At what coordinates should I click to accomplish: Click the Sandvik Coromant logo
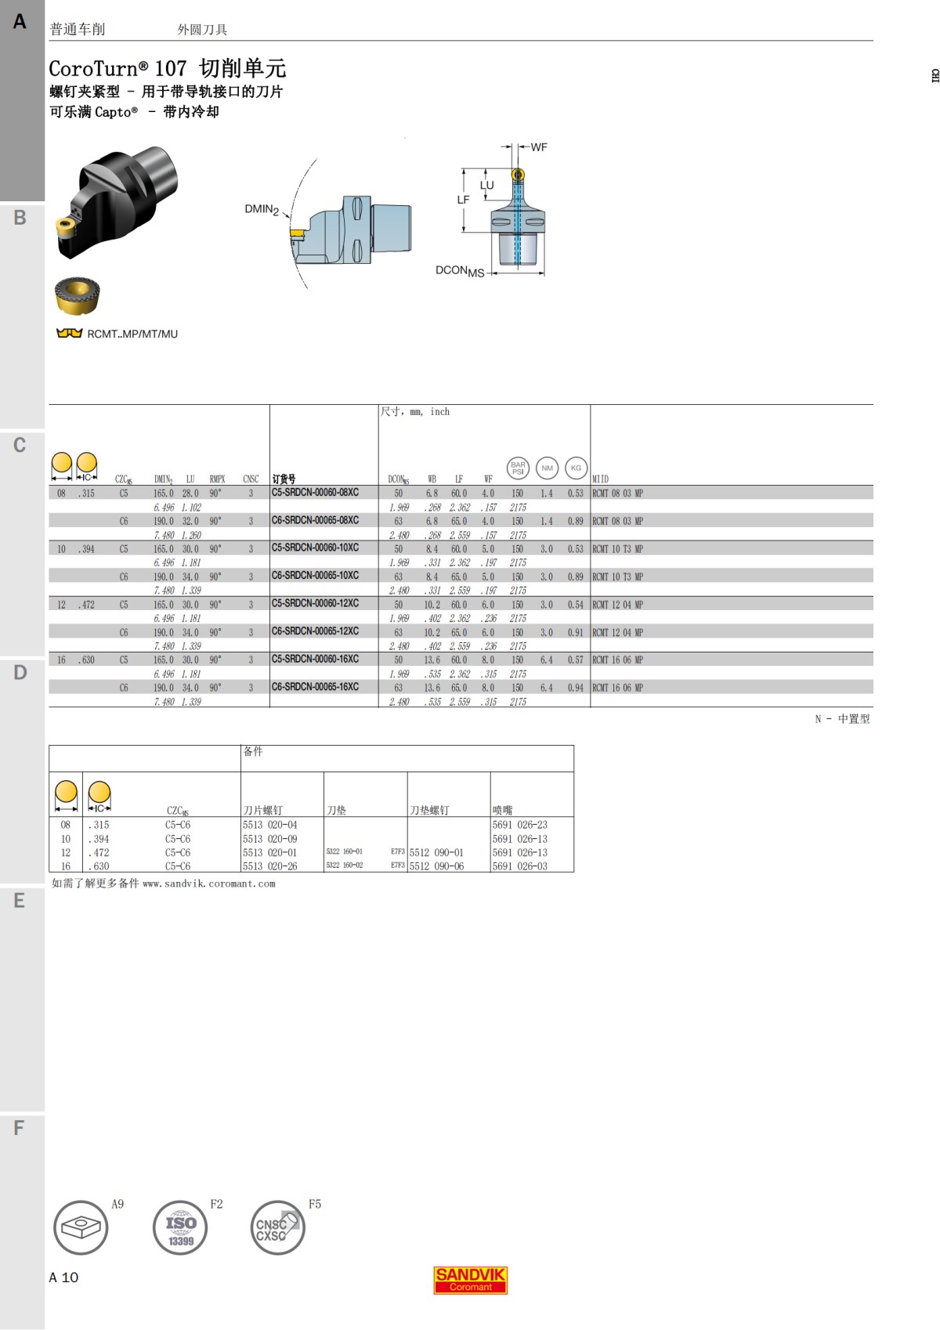click(470, 1280)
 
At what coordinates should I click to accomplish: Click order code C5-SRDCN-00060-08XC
click(315, 493)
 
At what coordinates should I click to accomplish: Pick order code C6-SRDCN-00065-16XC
click(315, 687)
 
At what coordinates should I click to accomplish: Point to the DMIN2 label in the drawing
click(262, 209)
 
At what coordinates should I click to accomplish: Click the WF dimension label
click(539, 147)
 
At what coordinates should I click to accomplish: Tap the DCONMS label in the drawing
click(460, 271)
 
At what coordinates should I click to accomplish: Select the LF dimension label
click(463, 200)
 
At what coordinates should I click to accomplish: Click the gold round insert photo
click(77, 295)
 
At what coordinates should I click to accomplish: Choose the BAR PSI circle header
click(518, 468)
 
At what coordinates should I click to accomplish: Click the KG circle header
click(576, 468)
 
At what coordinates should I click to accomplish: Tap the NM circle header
click(547, 468)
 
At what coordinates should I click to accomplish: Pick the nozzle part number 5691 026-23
click(519, 825)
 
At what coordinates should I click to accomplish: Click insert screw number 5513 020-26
click(269, 866)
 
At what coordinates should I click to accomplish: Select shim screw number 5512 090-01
click(436, 852)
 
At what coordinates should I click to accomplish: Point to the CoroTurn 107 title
click(167, 68)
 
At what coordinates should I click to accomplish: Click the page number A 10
click(63, 1278)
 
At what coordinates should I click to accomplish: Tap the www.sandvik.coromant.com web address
click(208, 884)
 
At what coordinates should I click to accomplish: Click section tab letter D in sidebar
click(20, 673)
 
